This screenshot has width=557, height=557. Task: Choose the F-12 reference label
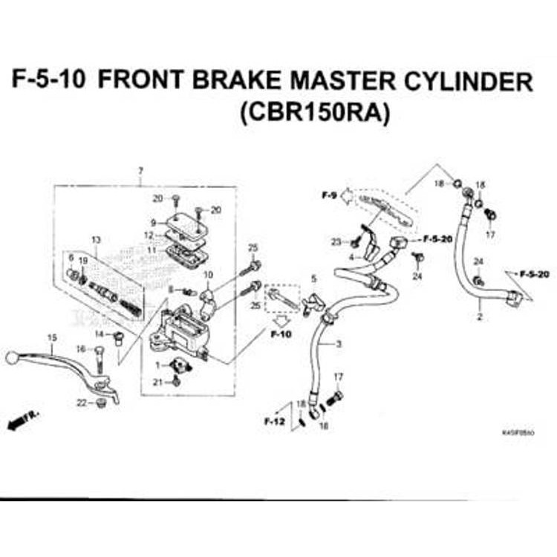click(274, 421)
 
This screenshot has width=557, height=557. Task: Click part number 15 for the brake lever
click(51, 338)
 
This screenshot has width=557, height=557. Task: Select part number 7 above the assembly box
click(140, 172)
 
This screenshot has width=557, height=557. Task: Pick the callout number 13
click(95, 239)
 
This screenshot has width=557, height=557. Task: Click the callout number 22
click(80, 403)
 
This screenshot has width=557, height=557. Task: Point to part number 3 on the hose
click(339, 344)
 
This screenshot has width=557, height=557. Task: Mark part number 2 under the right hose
click(480, 317)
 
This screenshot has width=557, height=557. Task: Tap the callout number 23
click(336, 242)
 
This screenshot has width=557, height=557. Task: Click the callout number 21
click(157, 382)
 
